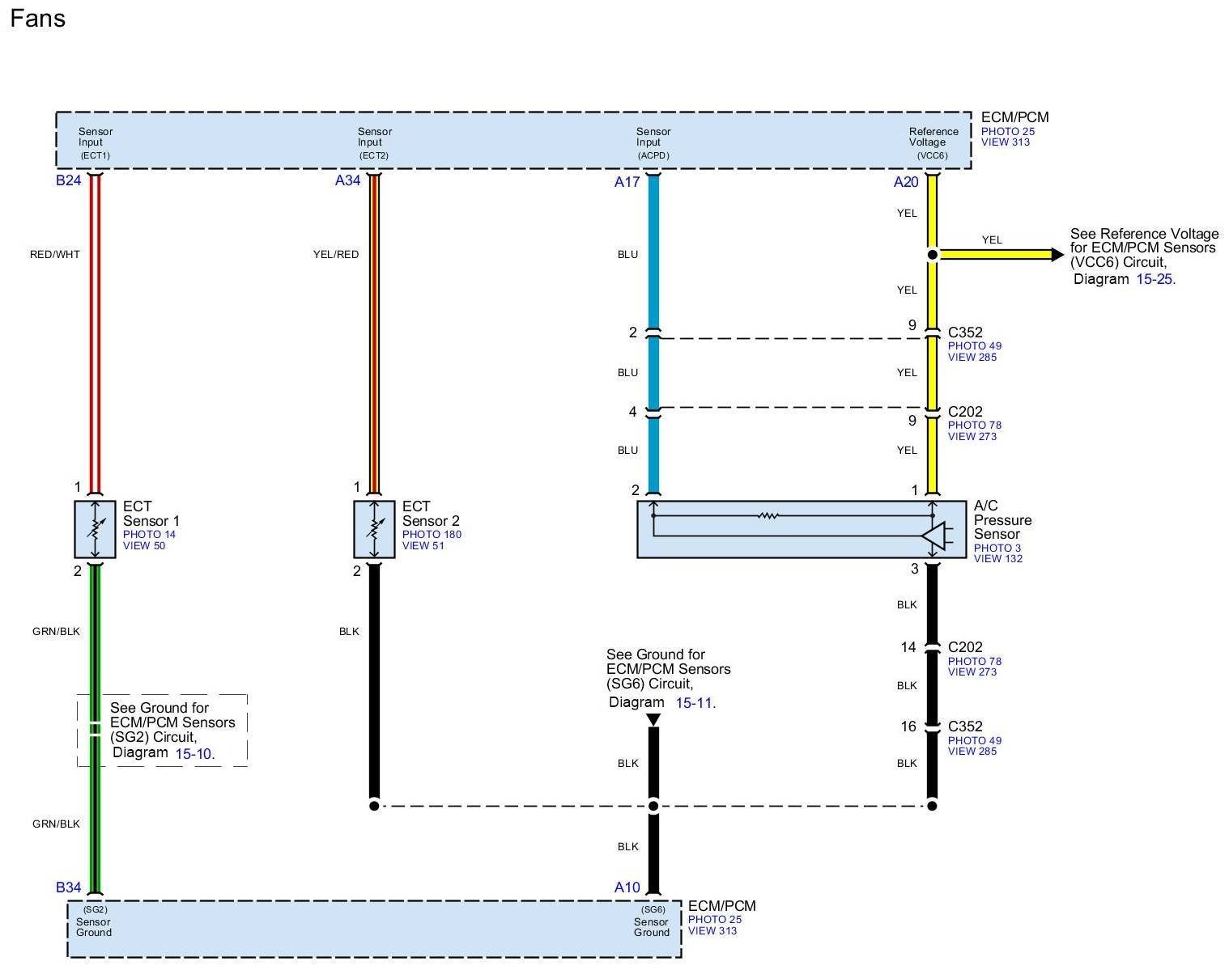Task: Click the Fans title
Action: pos(37,18)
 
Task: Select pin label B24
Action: pos(68,180)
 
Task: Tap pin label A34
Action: pos(347,180)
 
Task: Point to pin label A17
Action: pos(627,181)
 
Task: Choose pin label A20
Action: pos(906,181)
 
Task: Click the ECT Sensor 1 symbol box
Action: pos(95,529)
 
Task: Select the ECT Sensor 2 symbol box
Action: pos(374,529)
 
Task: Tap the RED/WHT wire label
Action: pos(55,254)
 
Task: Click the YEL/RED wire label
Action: pos(336,254)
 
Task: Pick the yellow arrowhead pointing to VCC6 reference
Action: pos(1057,255)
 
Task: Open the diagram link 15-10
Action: pos(194,753)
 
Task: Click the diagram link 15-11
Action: pos(695,703)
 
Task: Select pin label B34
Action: pos(68,887)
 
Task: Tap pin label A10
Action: pos(627,887)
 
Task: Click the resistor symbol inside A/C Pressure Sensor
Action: pos(768,515)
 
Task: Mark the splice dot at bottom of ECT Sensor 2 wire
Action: pos(374,806)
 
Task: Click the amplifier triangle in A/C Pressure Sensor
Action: pos(933,536)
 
